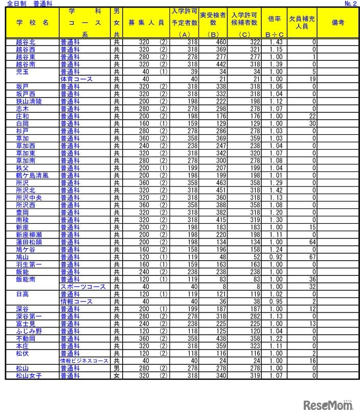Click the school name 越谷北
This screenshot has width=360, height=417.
(x=26, y=42)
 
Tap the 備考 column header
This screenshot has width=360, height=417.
(x=337, y=23)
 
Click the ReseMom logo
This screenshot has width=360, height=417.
(x=328, y=405)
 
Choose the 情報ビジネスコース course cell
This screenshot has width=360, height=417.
(x=84, y=360)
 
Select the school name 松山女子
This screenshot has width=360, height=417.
(x=29, y=375)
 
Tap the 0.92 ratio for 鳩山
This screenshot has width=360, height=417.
(x=276, y=257)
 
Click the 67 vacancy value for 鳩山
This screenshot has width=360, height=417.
(x=312, y=257)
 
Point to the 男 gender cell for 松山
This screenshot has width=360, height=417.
(x=117, y=368)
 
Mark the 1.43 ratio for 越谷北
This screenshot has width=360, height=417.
(x=276, y=42)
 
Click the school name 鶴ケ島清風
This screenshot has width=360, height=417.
(x=32, y=175)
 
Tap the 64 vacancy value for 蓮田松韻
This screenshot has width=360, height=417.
(x=312, y=242)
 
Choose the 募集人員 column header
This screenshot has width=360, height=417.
(x=146, y=23)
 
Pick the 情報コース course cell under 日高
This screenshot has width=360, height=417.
(x=76, y=302)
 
